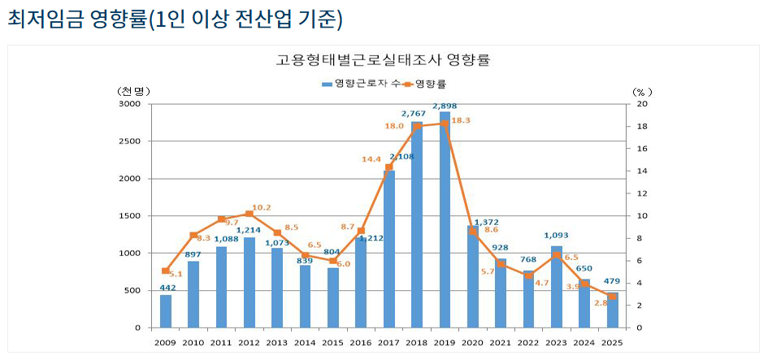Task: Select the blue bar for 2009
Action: point(166,311)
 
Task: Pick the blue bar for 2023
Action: point(557,287)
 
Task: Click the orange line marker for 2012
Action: point(249,214)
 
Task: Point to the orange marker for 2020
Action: point(473,232)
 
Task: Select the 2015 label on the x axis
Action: point(333,343)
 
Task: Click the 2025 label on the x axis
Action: point(612,343)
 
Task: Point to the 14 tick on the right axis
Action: point(642,171)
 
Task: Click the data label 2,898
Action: point(445,106)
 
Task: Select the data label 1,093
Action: point(557,236)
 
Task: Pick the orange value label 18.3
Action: point(461,120)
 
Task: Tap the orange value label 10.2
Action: point(262,207)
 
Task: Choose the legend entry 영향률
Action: point(430,83)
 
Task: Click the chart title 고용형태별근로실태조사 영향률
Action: point(384,60)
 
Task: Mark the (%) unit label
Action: point(639,91)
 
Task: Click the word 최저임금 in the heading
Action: point(39,19)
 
